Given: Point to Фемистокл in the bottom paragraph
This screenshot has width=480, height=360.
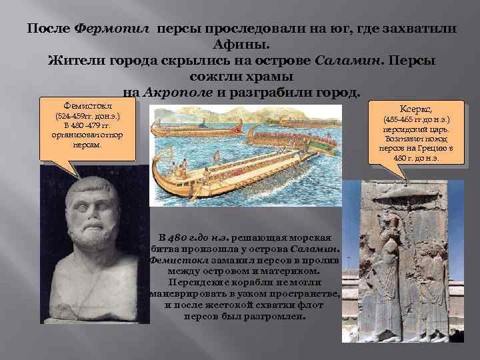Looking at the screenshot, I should [x=175, y=260].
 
